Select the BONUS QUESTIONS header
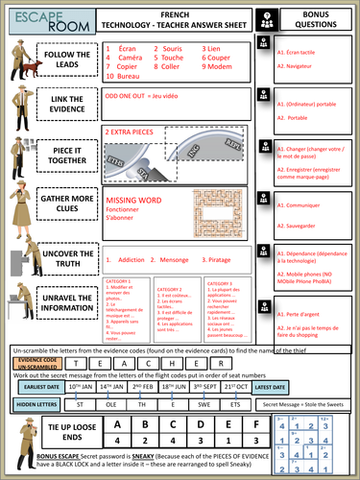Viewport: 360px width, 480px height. point(314,18)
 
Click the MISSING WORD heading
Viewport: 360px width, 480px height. point(132,192)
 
